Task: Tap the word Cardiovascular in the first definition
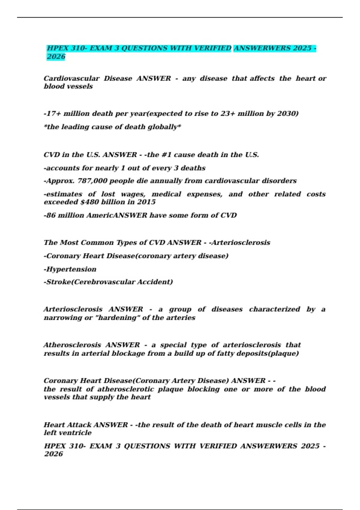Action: tap(71, 79)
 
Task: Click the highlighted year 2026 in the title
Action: tap(56, 57)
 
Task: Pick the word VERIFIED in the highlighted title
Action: tap(212, 48)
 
